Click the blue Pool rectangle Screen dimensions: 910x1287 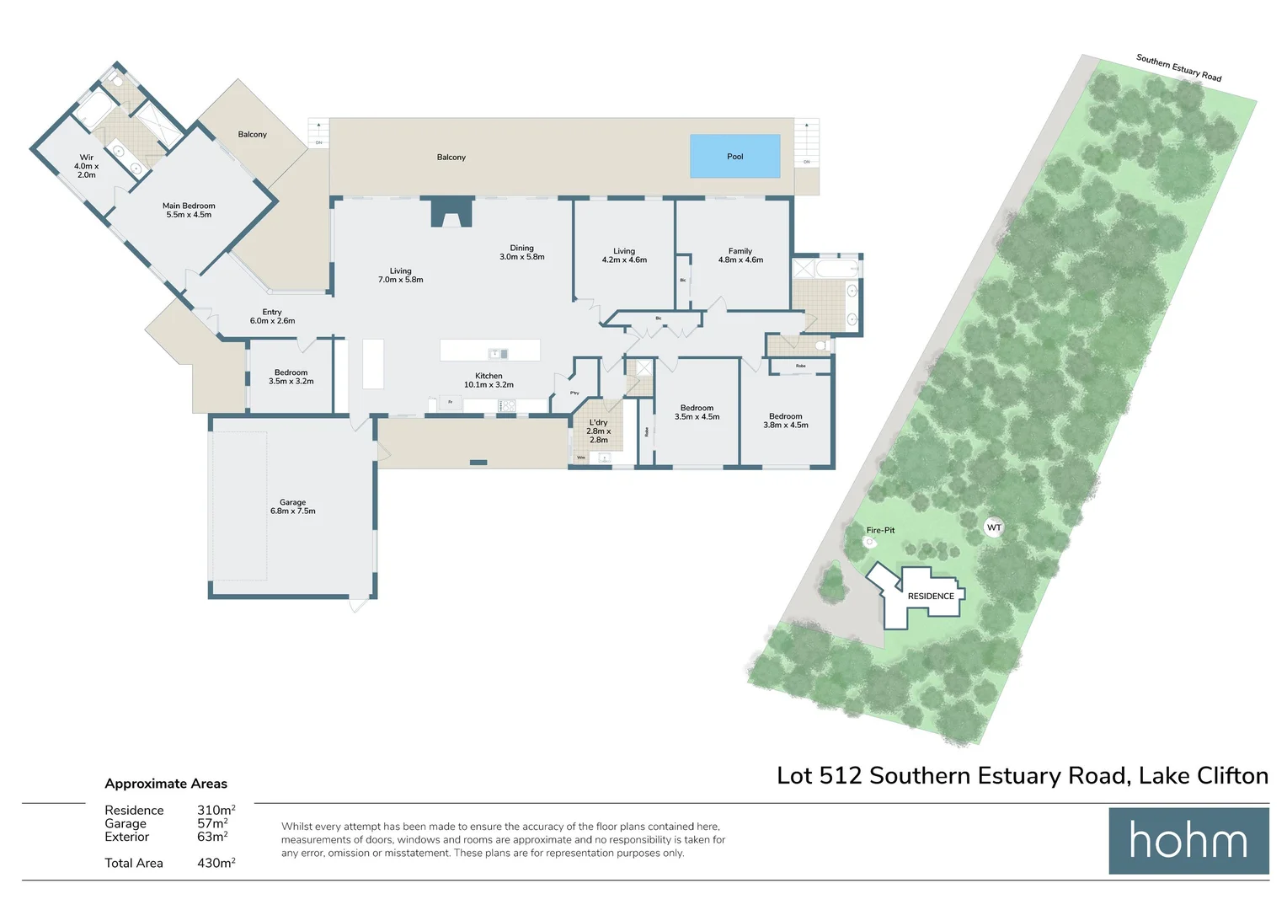734,156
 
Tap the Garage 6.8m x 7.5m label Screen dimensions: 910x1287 293,506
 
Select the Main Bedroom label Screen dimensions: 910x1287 189,210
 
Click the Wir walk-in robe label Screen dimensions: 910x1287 87,165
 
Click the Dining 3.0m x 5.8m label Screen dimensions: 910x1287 522,253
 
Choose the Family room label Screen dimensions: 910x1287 740,255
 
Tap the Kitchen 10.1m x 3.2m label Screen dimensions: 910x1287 489,380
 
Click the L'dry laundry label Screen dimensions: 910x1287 598,431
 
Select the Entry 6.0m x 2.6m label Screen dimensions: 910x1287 272,316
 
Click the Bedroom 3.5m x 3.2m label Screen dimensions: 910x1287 291,377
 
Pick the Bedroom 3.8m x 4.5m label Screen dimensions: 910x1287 785,420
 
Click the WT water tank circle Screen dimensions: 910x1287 994,527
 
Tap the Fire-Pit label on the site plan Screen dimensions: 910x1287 880,530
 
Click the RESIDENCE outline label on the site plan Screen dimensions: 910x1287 931,596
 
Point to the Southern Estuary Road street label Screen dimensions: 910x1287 1178,67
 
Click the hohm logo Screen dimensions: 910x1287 1188,841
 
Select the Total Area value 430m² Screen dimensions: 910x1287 216,863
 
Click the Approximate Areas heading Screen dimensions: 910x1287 166,784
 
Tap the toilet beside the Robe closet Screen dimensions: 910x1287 821,345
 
